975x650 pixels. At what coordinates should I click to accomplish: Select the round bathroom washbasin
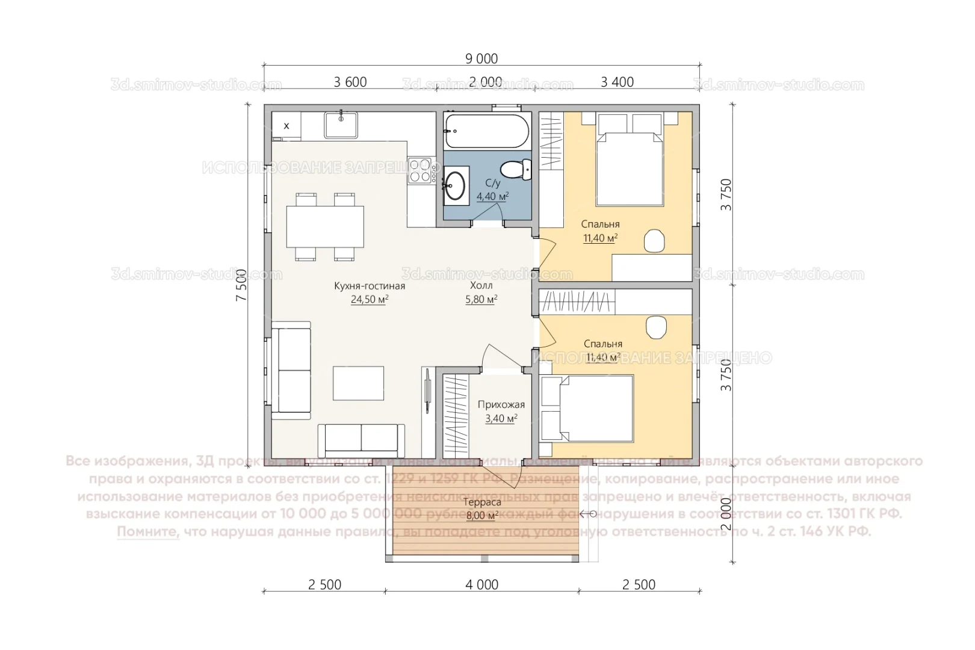pos(456,185)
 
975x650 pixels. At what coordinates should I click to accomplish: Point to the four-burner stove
pos(419,170)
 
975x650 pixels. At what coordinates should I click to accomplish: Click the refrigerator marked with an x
pos(286,126)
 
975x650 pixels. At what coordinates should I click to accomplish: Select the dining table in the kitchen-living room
pos(325,226)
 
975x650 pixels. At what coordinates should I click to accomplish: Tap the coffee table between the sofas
pos(359,383)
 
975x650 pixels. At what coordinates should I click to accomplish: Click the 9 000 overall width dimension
pos(481,58)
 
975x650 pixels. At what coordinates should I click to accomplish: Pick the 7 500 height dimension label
pos(241,285)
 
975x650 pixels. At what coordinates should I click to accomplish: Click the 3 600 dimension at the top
pos(350,82)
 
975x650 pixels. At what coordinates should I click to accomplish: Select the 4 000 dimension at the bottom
pos(481,584)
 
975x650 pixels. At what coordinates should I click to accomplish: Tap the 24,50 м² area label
pos(369,299)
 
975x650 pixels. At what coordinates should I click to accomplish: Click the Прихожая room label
pos(501,404)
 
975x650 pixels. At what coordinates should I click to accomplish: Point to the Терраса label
pos(482,502)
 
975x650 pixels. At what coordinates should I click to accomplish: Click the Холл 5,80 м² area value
pos(481,299)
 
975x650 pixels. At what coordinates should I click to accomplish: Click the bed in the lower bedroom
pos(596,409)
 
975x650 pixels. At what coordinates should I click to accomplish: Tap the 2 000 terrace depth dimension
pos(726,513)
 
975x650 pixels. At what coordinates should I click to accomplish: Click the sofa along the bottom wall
pos(361,440)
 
